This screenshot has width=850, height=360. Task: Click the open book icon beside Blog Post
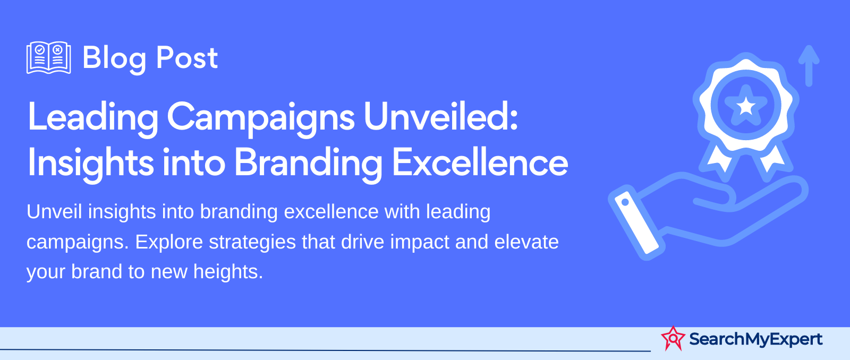pos(48,58)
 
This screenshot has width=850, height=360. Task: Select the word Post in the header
pos(187,58)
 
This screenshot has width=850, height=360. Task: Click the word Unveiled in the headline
pos(440,116)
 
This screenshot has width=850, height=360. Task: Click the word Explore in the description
pos(169,242)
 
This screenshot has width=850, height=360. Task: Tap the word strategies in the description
pos(252,243)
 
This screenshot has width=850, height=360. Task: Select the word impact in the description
pos(420,243)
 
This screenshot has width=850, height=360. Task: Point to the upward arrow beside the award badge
pos(809,66)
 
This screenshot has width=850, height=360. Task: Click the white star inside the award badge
pos(746,106)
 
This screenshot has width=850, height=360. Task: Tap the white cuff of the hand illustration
pos(636,222)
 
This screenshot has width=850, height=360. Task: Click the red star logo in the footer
pos(673,338)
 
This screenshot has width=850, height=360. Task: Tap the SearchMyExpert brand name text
pos(755,339)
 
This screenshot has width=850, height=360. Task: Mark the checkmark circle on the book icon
pos(40,49)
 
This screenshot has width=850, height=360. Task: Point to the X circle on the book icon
pos(57,49)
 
